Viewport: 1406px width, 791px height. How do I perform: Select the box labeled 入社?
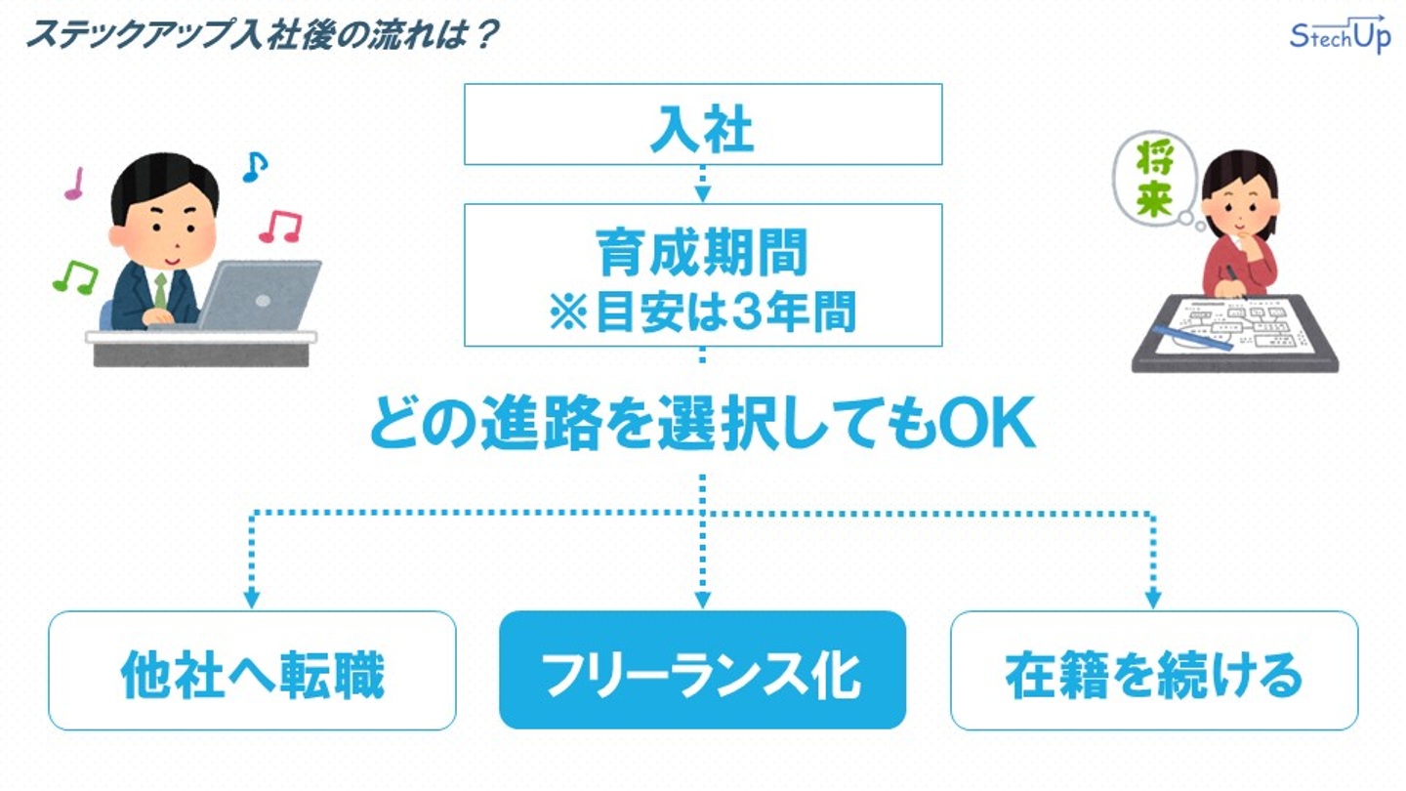pos(703,124)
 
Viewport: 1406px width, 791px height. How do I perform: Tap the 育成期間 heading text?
pos(702,252)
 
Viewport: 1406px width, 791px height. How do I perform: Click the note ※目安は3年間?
pos(702,312)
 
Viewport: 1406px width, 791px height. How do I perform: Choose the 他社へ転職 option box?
pos(252,671)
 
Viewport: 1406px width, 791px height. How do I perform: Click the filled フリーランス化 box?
pos(702,670)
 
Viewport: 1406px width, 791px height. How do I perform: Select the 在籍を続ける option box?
pos(1154,671)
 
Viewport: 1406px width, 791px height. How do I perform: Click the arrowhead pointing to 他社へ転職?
pos(252,599)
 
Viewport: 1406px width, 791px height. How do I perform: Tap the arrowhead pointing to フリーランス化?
pos(702,599)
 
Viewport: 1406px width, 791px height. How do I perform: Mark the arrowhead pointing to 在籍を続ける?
pos(1153,599)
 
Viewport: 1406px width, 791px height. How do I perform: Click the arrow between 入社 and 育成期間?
pos(702,184)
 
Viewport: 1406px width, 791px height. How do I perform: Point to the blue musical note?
pos(255,167)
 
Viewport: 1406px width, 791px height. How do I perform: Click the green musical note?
pos(75,277)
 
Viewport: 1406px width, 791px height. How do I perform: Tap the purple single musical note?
pos(74,184)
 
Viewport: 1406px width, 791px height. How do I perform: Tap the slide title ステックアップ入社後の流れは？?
pos(263,34)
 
